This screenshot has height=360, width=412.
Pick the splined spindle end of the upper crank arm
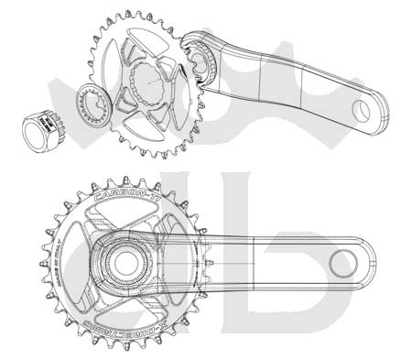click(202, 59)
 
